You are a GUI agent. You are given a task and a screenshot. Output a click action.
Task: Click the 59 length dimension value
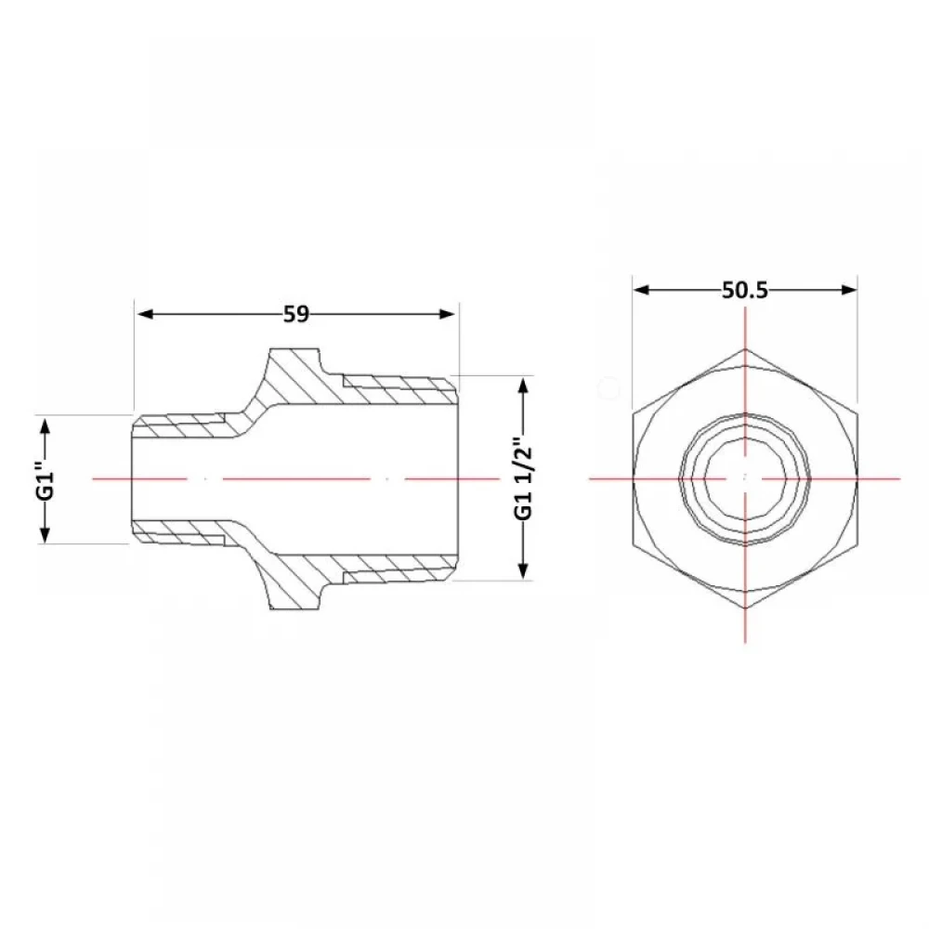(x=295, y=314)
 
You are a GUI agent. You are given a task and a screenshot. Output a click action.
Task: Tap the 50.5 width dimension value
(x=745, y=290)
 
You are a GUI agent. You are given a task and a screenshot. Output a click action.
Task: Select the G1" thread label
(x=47, y=478)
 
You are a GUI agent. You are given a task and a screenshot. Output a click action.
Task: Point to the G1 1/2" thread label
(x=523, y=478)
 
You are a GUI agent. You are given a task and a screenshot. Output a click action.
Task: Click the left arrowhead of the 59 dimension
(x=145, y=314)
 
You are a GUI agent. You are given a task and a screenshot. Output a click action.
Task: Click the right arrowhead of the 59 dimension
(x=448, y=314)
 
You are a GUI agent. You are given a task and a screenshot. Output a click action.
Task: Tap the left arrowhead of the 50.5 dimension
(x=642, y=290)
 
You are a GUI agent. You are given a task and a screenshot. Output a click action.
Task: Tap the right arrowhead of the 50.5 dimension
(x=848, y=290)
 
